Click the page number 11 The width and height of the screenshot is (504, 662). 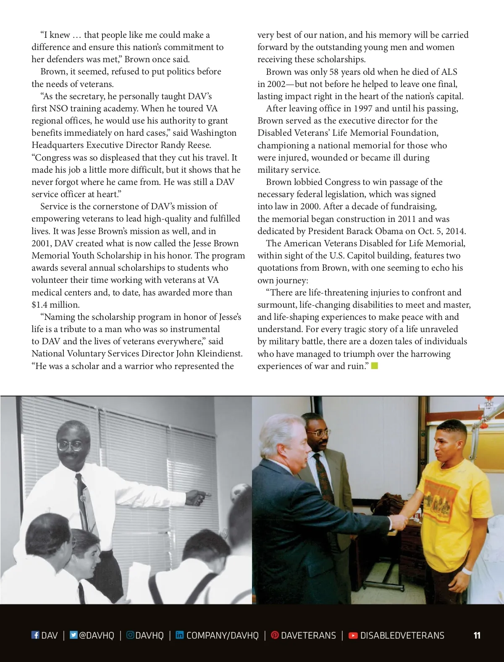[x=477, y=635]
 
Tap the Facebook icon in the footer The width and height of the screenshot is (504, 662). [x=35, y=635]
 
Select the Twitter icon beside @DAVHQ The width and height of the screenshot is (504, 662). [x=73, y=635]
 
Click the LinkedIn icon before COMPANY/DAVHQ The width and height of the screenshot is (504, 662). [x=180, y=635]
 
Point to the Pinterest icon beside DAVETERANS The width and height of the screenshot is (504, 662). [x=275, y=635]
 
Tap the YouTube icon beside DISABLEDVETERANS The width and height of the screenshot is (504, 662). [x=353, y=635]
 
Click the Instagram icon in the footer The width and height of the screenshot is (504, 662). [x=130, y=635]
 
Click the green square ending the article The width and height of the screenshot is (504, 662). [x=375, y=366]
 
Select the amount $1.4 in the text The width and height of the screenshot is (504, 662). [x=40, y=305]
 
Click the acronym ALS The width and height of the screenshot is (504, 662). [x=449, y=72]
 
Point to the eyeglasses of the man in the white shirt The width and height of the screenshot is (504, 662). [x=70, y=446]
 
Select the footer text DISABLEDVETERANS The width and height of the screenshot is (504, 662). [x=402, y=635]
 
